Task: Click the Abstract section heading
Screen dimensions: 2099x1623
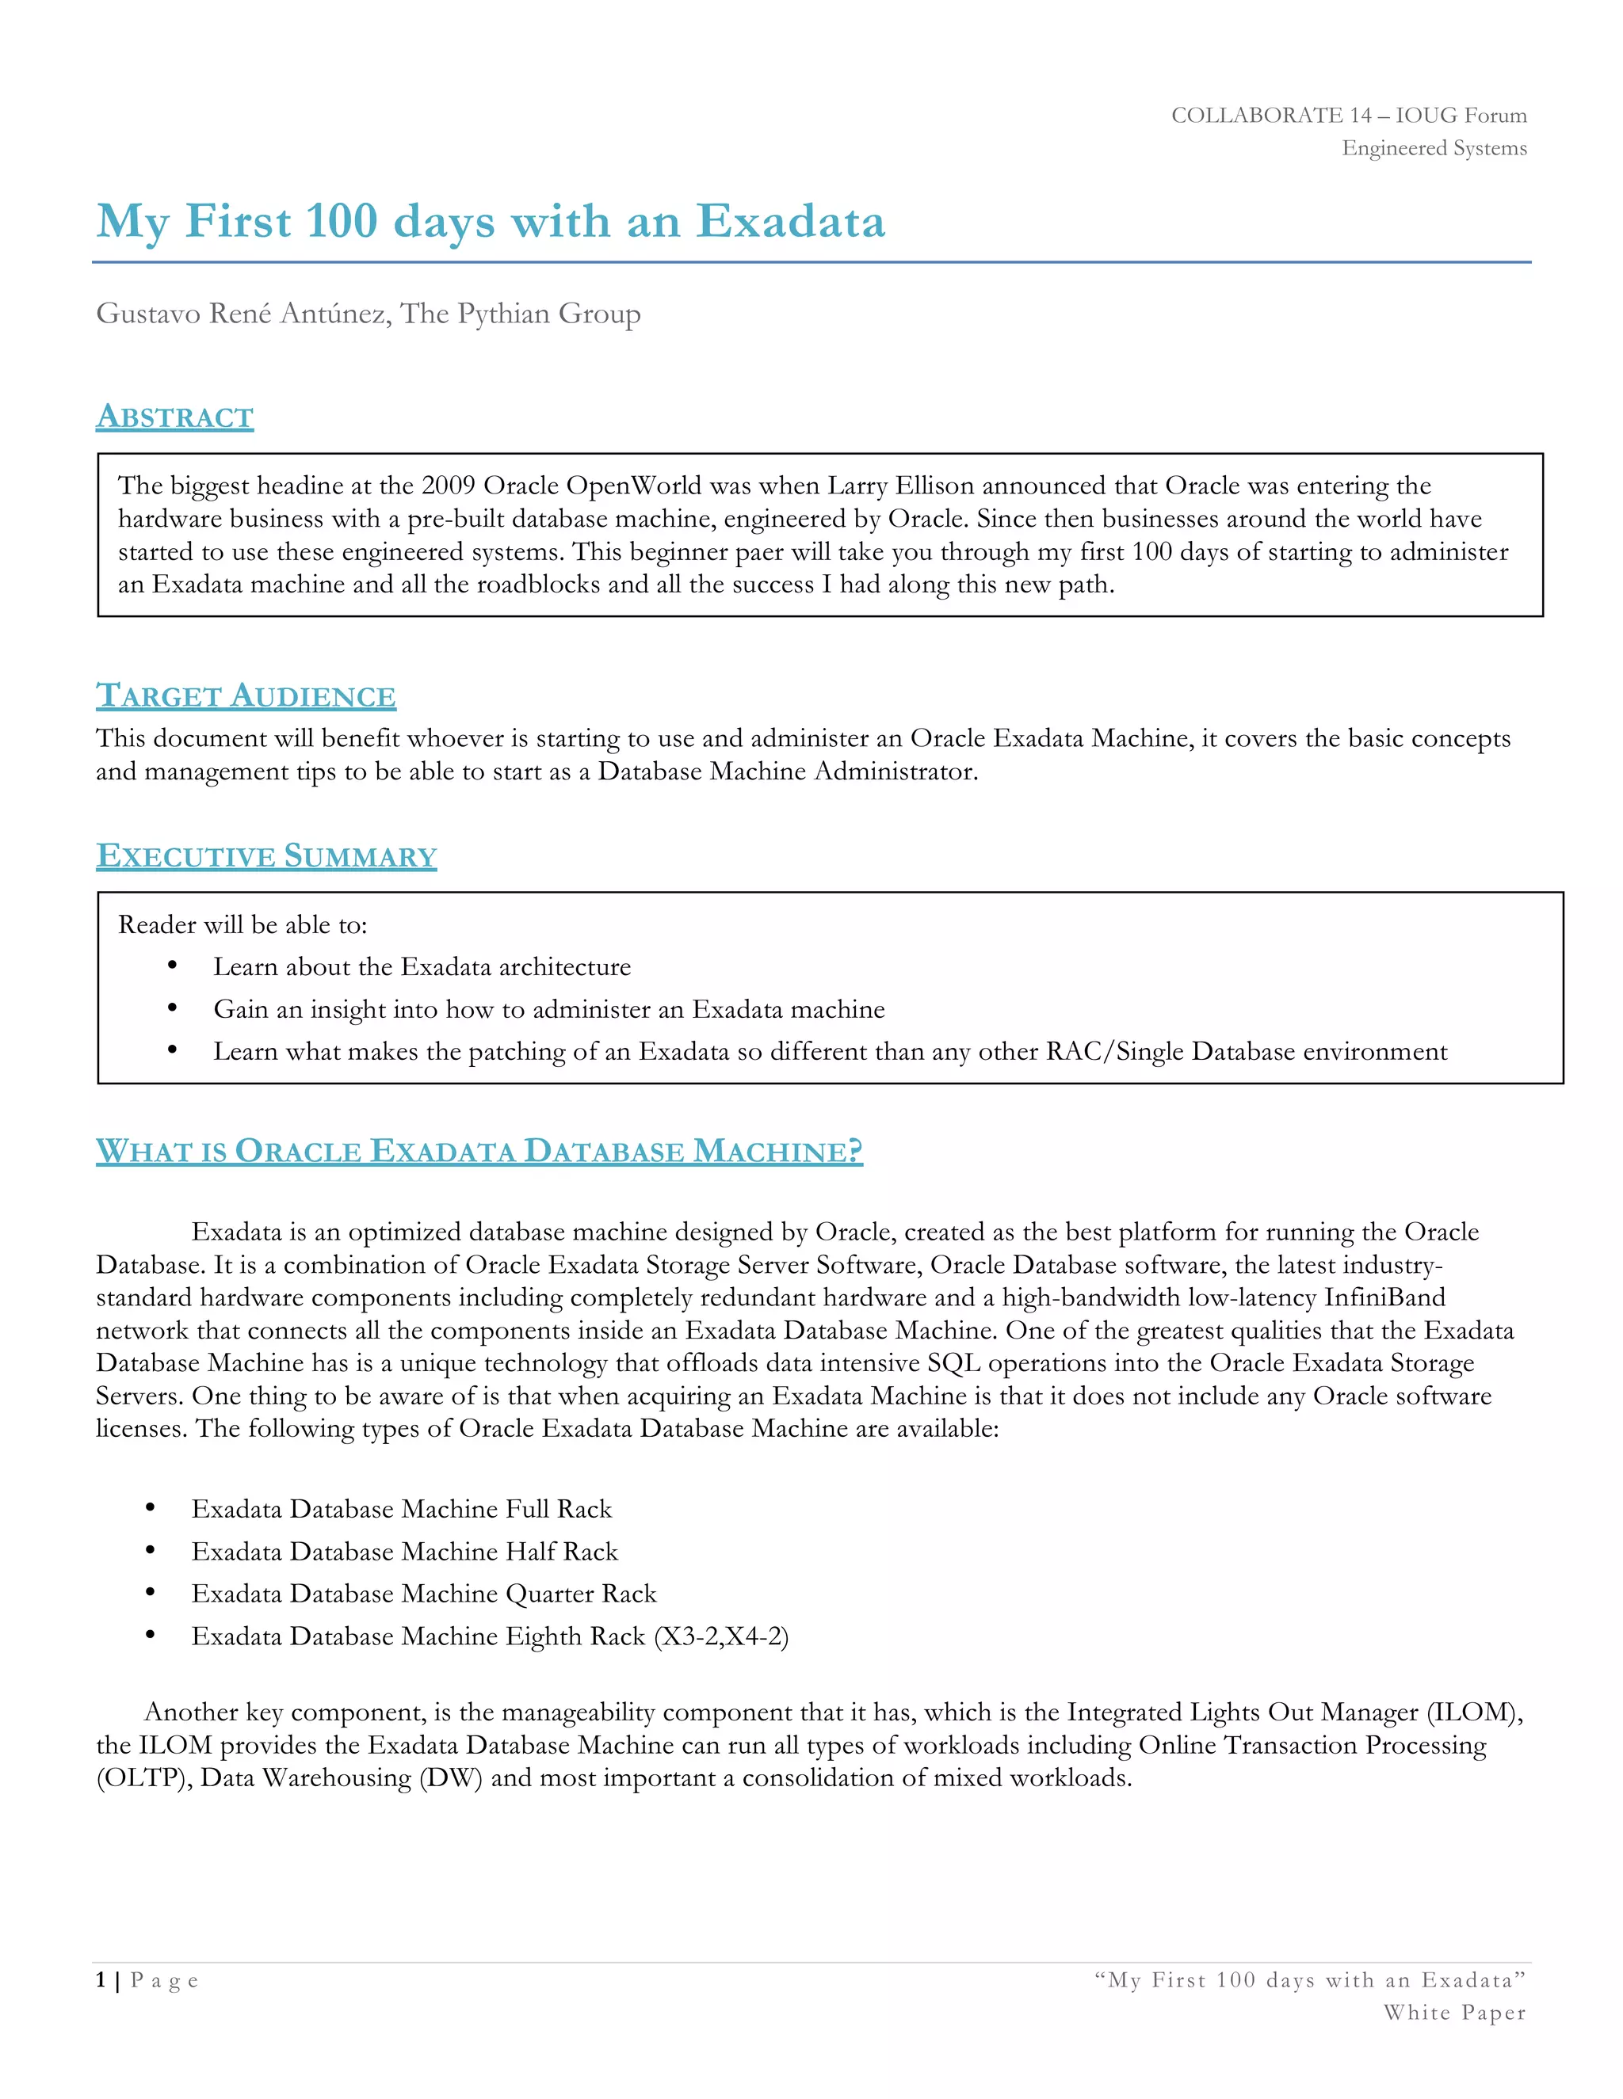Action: (x=174, y=417)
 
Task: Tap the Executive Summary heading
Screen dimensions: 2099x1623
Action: (x=266, y=855)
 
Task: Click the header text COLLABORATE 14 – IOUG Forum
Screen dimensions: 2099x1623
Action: (x=1348, y=116)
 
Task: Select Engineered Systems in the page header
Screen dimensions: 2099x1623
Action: (x=1434, y=148)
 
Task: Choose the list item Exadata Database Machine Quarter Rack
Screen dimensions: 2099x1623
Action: (x=423, y=1594)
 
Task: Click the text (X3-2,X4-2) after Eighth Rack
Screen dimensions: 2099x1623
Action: (x=720, y=1636)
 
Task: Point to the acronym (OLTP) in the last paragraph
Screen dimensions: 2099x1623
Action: (x=144, y=1777)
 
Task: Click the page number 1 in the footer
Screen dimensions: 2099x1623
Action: (x=101, y=1980)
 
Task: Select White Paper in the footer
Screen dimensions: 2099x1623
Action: (x=1453, y=2013)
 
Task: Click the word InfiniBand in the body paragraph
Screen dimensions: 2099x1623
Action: (x=1384, y=1297)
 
